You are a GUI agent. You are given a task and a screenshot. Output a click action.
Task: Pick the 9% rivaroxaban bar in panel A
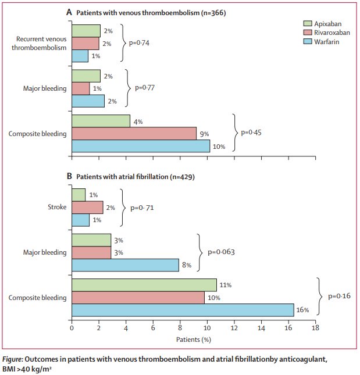click(134, 134)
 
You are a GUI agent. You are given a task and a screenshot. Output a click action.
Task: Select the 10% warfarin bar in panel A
click(140, 147)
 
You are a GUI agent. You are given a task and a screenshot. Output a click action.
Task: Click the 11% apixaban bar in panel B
click(144, 285)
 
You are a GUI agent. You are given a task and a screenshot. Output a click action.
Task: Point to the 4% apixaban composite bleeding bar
click(101, 121)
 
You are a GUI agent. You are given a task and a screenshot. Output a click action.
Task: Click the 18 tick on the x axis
click(315, 328)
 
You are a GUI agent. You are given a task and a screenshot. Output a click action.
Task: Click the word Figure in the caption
click(17, 359)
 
